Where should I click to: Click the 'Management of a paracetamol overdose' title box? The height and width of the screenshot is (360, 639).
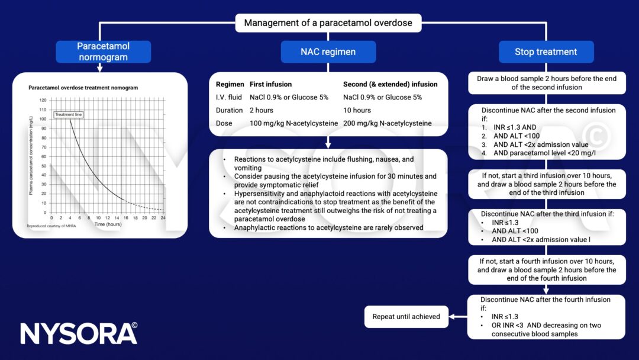(x=328, y=24)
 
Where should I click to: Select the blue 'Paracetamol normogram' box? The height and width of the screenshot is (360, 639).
(x=104, y=52)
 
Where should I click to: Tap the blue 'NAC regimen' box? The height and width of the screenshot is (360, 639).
(x=328, y=52)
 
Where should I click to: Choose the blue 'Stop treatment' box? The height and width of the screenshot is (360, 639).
(x=546, y=52)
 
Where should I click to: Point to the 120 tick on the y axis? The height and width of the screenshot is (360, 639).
(x=43, y=100)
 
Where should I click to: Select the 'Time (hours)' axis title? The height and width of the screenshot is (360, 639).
(x=108, y=224)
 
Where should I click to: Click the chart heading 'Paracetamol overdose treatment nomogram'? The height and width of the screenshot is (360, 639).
(x=83, y=88)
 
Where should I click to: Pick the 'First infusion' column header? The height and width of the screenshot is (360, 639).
(x=270, y=84)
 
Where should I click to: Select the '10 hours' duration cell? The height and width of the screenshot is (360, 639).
(x=357, y=110)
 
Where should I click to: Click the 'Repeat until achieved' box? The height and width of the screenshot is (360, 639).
(x=406, y=317)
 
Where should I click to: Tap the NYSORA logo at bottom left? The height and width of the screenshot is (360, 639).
(x=79, y=333)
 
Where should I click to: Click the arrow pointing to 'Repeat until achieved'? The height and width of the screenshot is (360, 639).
(x=457, y=317)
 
